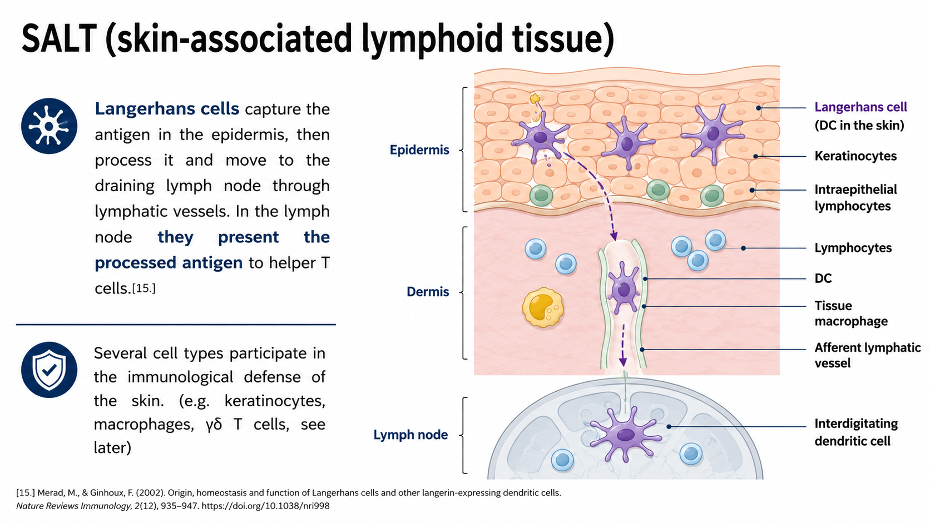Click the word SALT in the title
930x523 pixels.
[59, 38]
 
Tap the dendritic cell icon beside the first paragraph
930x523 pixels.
[49, 126]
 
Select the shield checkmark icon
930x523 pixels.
[49, 370]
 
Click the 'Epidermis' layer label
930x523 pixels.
[419, 150]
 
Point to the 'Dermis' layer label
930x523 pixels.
[428, 292]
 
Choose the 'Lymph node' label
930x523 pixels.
[410, 435]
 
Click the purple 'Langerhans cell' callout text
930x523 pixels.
[860, 107]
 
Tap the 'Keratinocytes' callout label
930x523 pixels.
[855, 156]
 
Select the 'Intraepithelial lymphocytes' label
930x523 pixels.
[855, 197]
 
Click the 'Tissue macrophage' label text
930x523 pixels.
[851, 313]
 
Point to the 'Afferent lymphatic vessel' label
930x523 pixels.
[867, 355]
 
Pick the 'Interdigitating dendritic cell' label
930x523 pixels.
[856, 432]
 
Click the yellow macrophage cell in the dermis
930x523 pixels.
[543, 307]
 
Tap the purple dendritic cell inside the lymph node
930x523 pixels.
[625, 434]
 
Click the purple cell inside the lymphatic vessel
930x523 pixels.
[624, 288]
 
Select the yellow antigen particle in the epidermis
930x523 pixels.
[535, 99]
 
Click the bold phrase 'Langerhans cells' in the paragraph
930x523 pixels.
[167, 109]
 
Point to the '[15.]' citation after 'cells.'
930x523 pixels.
[144, 288]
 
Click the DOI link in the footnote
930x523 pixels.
[266, 506]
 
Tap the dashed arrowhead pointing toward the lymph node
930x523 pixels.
[622, 362]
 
